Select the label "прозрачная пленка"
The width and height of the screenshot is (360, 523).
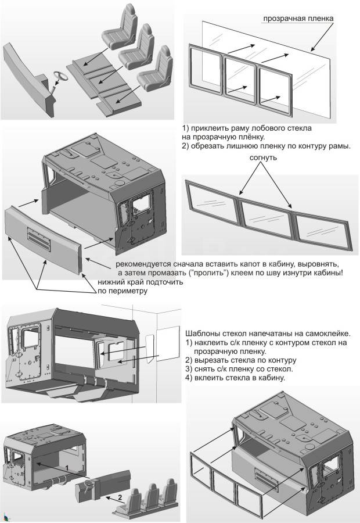click(x=298, y=19)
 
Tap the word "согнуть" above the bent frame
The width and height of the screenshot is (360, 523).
click(x=264, y=157)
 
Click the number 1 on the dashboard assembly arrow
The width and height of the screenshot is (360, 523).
click(x=67, y=468)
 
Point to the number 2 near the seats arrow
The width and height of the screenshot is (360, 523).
click(x=120, y=497)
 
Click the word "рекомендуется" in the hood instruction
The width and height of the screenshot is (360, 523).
click(x=144, y=264)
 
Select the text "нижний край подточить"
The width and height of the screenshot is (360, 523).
click(x=141, y=282)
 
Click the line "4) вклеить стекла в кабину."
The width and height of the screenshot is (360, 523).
click(x=235, y=378)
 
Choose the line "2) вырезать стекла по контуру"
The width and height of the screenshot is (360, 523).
click(x=240, y=360)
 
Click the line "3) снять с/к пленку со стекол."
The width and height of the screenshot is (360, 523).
click(x=239, y=369)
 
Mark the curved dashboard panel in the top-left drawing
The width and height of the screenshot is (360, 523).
click(x=28, y=80)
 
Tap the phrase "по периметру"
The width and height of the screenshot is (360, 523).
click(x=123, y=291)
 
